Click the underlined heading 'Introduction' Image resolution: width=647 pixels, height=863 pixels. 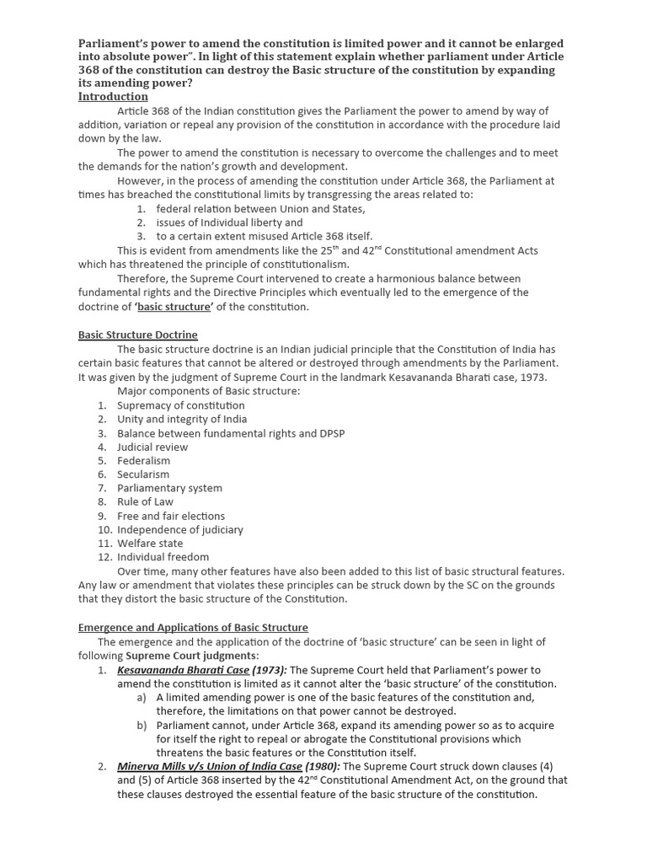pos(113,97)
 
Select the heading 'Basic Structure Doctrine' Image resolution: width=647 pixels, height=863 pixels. pos(137,335)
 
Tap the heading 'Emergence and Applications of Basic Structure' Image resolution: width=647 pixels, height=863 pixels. pos(193,628)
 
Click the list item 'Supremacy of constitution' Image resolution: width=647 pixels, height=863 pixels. pos(180,405)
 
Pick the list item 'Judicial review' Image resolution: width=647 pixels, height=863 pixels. pos(152,447)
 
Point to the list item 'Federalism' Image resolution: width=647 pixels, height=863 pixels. pos(143,461)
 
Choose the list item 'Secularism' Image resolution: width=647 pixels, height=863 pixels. pos(143,474)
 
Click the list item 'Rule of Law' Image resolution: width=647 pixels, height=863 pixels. pos(145,501)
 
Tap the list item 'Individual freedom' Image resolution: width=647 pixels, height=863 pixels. pos(163,557)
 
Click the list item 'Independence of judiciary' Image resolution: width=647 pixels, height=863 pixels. pos(179,529)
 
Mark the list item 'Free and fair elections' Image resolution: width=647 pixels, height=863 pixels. pos(171,516)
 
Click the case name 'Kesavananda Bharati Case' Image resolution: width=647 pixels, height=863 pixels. pos(183,670)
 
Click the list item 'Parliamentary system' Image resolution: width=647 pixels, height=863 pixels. pos(169,488)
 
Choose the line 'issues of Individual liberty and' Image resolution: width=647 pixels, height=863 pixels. pos(229,222)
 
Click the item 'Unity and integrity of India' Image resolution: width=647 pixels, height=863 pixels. pos(181,419)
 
